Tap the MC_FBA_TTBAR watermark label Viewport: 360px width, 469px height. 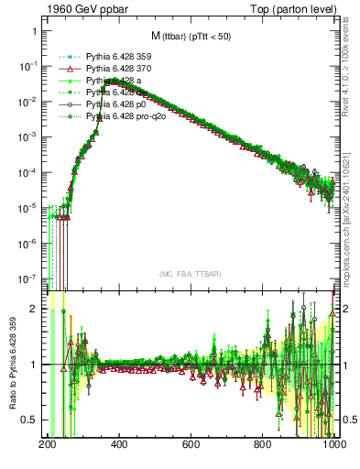pos(191,273)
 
